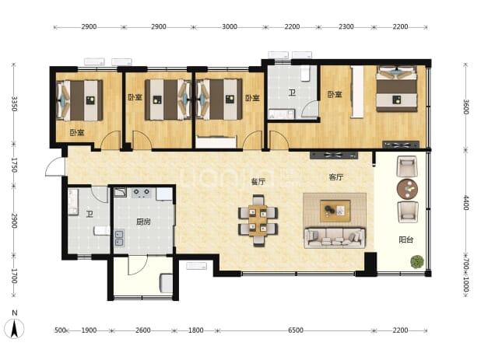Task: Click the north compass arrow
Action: (x=14, y=328)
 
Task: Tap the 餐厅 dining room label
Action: (x=258, y=182)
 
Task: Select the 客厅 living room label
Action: (x=336, y=177)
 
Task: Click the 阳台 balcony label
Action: (x=406, y=239)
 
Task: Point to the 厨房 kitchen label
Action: (x=143, y=221)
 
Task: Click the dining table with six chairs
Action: (x=258, y=220)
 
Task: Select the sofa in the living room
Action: (x=335, y=237)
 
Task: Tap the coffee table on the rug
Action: (x=335, y=211)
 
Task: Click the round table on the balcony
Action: (x=407, y=189)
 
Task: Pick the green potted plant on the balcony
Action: (x=417, y=262)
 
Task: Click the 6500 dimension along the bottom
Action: (x=296, y=330)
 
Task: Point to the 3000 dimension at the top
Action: (x=230, y=26)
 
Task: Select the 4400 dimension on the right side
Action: (x=466, y=203)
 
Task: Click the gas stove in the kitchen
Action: (x=142, y=193)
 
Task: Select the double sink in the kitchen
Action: (x=119, y=238)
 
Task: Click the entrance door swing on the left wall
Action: (x=54, y=167)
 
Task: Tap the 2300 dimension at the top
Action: (x=346, y=26)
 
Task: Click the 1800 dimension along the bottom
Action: (x=195, y=330)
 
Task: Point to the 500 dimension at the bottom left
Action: (x=60, y=330)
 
